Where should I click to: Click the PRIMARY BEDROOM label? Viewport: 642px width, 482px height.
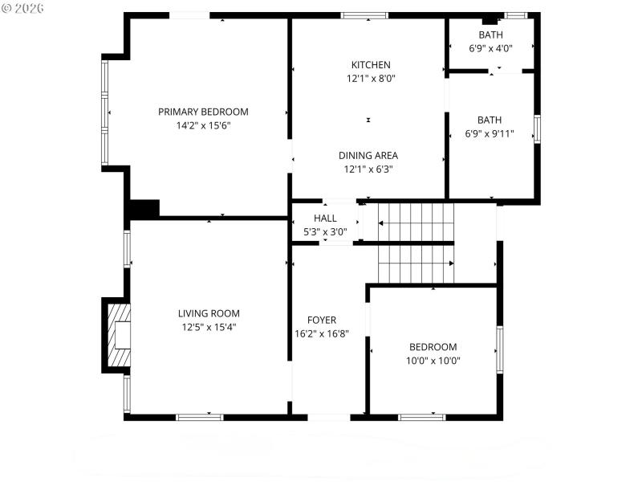[203, 112]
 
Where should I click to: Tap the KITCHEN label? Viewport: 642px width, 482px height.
[371, 65]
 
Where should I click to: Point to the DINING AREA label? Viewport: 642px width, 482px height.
[368, 156]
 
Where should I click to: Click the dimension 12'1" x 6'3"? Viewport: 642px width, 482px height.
[368, 170]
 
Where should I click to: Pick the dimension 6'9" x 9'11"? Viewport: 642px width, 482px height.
[490, 134]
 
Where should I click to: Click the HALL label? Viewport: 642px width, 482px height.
[325, 219]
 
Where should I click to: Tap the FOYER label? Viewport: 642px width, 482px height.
[322, 320]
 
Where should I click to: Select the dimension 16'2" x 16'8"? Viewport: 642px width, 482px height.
[322, 333]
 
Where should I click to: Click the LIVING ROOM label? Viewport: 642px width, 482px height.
[209, 313]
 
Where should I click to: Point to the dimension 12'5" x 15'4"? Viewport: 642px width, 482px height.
[209, 327]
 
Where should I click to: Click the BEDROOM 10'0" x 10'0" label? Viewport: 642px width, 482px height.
[433, 347]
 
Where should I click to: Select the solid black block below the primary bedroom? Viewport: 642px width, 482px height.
[144, 208]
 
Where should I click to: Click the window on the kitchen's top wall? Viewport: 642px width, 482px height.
[364, 14]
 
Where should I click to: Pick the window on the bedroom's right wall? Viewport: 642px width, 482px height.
[499, 349]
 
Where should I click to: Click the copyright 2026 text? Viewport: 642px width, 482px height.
[23, 8]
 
